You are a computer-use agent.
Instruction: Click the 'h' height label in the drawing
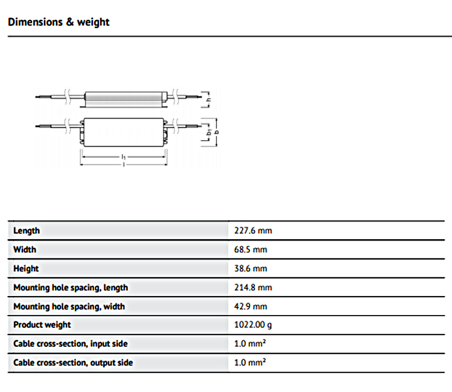pos(209,100)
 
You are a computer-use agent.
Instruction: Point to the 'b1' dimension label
pos(209,132)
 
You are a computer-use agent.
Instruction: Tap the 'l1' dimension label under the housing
pos(124,157)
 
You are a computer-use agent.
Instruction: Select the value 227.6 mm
pos(253,231)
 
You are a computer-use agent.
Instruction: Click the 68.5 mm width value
pos(251,249)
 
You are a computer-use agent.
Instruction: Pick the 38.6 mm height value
pos(251,268)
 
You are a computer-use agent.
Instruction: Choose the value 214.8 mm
pos(253,287)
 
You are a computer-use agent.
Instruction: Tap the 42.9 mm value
pos(251,307)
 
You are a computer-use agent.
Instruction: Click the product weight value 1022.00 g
pos(253,325)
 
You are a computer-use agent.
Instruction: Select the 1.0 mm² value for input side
pos(250,344)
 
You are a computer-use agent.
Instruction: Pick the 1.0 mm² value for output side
pos(250,362)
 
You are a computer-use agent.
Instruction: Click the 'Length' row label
pos(27,231)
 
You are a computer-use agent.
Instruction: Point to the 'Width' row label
pos(25,249)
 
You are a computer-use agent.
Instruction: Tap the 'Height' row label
pos(26,269)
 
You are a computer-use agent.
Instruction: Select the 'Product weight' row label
pos(42,325)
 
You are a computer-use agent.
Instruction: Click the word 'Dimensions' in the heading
pos(35,22)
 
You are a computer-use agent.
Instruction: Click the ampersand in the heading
pos(70,22)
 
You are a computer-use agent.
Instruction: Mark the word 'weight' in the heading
pos(93,23)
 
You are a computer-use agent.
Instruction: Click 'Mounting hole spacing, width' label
pos(69,307)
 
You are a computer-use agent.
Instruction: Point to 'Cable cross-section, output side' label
pos(73,362)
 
